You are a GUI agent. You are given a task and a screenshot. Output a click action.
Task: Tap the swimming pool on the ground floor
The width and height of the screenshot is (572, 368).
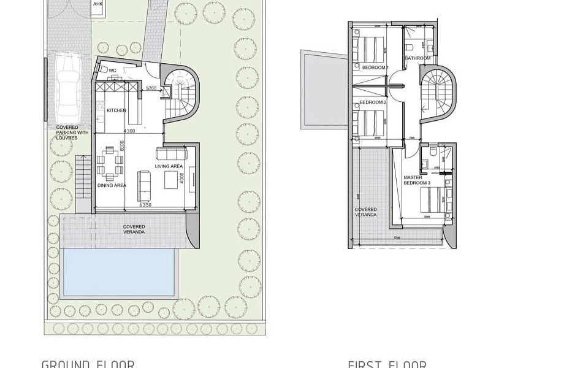click(x=120, y=272)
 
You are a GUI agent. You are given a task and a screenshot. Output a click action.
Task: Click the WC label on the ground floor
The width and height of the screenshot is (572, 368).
click(x=113, y=71)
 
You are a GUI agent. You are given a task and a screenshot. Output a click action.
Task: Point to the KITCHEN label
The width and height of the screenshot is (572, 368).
click(x=116, y=110)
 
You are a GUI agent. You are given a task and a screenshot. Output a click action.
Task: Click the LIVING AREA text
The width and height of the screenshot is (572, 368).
click(x=169, y=166)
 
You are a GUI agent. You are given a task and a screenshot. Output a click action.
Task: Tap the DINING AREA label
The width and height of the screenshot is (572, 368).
click(x=112, y=185)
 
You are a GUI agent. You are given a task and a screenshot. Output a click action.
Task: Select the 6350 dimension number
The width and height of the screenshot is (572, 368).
click(x=145, y=205)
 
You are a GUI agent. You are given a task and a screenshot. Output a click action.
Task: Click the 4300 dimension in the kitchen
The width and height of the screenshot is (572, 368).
click(x=129, y=131)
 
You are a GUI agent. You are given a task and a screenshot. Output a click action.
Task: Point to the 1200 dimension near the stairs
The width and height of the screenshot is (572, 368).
click(x=150, y=89)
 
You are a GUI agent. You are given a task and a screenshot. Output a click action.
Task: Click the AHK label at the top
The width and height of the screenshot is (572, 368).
click(x=97, y=4)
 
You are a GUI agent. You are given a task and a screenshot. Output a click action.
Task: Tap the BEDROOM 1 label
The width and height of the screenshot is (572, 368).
click(x=375, y=67)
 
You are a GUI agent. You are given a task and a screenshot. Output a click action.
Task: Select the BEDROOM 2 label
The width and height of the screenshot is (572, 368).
click(x=373, y=102)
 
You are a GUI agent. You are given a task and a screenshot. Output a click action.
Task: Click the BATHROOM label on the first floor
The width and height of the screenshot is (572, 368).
click(x=418, y=59)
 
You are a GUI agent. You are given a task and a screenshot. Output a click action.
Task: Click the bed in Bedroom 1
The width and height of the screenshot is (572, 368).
click(x=370, y=48)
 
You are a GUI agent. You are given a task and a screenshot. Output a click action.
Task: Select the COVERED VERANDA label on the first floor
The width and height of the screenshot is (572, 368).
click(x=366, y=212)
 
